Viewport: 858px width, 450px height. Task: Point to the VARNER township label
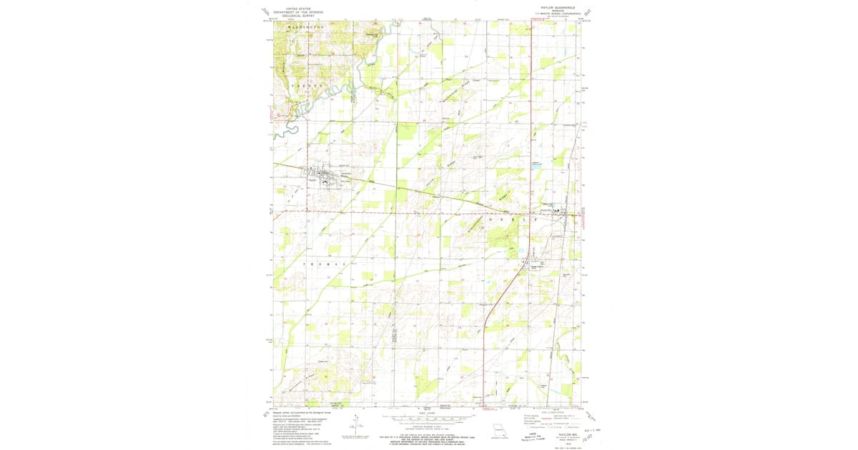307,85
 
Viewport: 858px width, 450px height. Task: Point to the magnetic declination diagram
360,426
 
